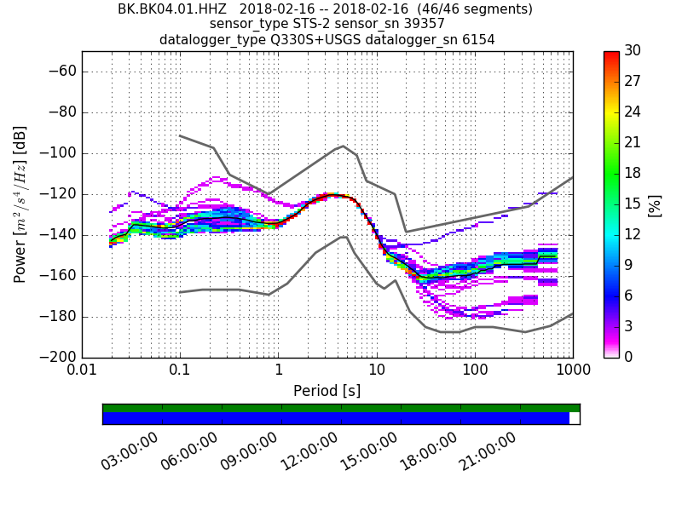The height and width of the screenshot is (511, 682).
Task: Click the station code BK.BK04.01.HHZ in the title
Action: point(172,9)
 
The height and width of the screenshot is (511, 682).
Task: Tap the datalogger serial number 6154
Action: point(477,39)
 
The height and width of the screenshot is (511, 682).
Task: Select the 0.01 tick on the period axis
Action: point(82,370)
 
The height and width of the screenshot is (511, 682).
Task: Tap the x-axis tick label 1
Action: point(278,370)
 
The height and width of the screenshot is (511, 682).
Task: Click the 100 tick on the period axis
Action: point(475,370)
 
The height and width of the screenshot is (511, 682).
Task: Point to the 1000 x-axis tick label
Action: point(573,370)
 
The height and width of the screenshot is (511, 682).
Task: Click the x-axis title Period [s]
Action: point(327,391)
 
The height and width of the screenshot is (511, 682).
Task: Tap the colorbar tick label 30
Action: point(633,51)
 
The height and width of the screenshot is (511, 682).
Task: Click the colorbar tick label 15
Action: point(633,204)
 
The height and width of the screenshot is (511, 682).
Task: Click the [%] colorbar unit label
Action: point(656,204)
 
